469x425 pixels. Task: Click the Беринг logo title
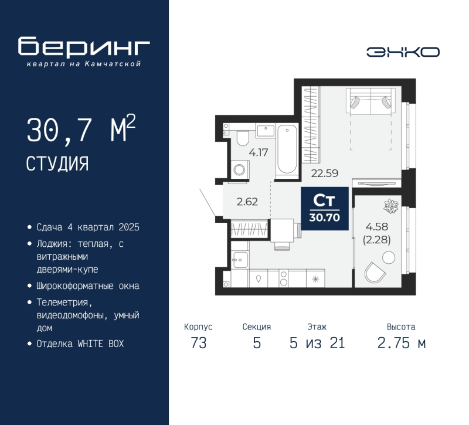pyautogui.click(x=84, y=46)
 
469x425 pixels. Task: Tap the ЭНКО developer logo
pyautogui.click(x=403, y=52)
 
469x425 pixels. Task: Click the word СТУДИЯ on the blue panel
pyautogui.click(x=57, y=164)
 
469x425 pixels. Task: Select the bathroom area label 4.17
pyautogui.click(x=259, y=152)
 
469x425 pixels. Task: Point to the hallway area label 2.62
pyautogui.click(x=247, y=202)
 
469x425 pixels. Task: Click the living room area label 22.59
pyautogui.click(x=325, y=173)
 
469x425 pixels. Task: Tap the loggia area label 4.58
pyautogui.click(x=377, y=226)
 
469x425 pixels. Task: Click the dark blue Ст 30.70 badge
pyautogui.click(x=325, y=209)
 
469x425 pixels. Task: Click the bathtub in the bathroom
pyautogui.click(x=287, y=149)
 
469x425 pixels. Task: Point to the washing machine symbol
pyautogui.click(x=239, y=169)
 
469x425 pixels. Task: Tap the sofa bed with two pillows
pyautogui.click(x=371, y=101)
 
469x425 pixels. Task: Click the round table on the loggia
pyautogui.click(x=389, y=257)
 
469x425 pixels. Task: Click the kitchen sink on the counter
pyautogui.click(x=240, y=259)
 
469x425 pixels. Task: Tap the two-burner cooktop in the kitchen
pyautogui.click(x=284, y=278)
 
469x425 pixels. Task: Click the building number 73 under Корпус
pyautogui.click(x=199, y=343)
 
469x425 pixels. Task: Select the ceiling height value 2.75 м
pyautogui.click(x=402, y=343)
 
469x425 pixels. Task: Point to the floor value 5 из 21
pyautogui.click(x=317, y=343)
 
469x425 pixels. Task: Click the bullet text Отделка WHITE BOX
pyautogui.click(x=80, y=344)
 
